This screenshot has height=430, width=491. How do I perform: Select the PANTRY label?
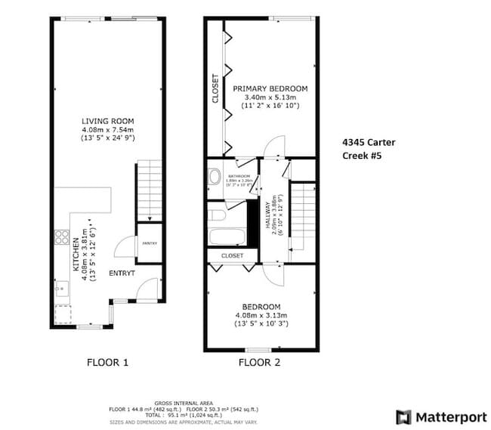tap(148, 243)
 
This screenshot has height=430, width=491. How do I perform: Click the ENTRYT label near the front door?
tap(122, 273)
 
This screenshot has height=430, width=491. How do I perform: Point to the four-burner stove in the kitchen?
tap(59, 238)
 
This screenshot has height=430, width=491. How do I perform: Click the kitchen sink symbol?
tap(59, 288)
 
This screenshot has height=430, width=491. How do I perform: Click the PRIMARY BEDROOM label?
tap(270, 89)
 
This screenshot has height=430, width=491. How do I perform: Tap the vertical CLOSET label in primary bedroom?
tap(215, 88)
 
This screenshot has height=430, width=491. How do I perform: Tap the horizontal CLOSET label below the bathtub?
tap(232, 255)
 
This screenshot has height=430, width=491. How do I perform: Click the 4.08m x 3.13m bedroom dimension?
tap(261, 315)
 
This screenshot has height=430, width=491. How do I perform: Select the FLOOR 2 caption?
tap(259, 363)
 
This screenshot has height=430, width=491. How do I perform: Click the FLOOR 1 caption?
tap(108, 363)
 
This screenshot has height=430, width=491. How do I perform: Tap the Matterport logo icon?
tap(404, 416)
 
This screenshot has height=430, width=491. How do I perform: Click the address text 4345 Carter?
tap(369, 142)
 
